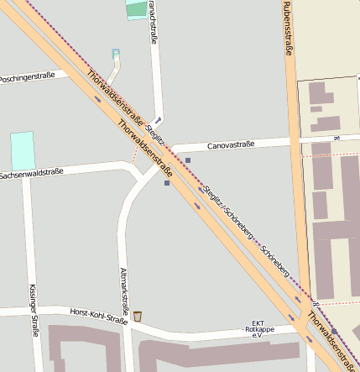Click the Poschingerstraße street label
tap(28, 76)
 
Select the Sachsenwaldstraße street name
tap(31, 174)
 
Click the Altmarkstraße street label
tap(124, 286)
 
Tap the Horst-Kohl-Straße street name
tap(98, 315)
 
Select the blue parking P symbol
tap(116, 54)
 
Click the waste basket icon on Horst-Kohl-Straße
tap(138, 317)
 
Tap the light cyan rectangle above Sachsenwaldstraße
tap(23, 150)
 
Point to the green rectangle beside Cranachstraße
tap(135, 9)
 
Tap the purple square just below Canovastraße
tap(188, 160)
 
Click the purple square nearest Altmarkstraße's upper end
tap(167, 182)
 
